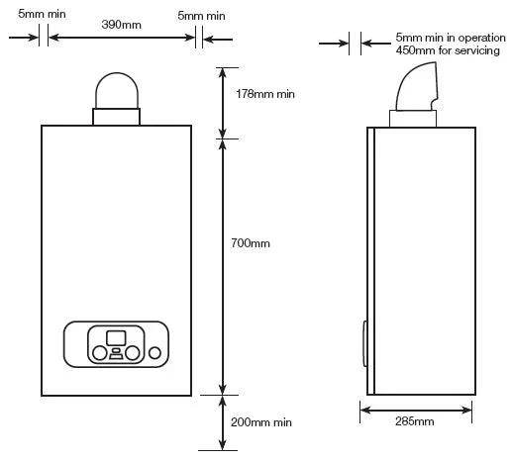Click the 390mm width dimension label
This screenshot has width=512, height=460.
pyautogui.click(x=122, y=25)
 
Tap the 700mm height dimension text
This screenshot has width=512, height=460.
pyautogui.click(x=251, y=243)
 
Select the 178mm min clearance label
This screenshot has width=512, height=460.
pyautogui.click(x=265, y=94)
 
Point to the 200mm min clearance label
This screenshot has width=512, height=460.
pyautogui.click(x=261, y=422)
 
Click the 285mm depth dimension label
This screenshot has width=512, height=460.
pyautogui.click(x=415, y=421)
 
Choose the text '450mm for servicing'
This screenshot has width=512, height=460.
pyautogui.click(x=448, y=50)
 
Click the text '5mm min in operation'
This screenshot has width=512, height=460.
pyautogui.click(x=451, y=38)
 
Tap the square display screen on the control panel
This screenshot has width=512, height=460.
pyautogui.click(x=116, y=338)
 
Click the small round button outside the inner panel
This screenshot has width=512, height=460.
pyautogui.click(x=154, y=353)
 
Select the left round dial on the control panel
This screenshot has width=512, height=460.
pyautogui.click(x=99, y=353)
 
